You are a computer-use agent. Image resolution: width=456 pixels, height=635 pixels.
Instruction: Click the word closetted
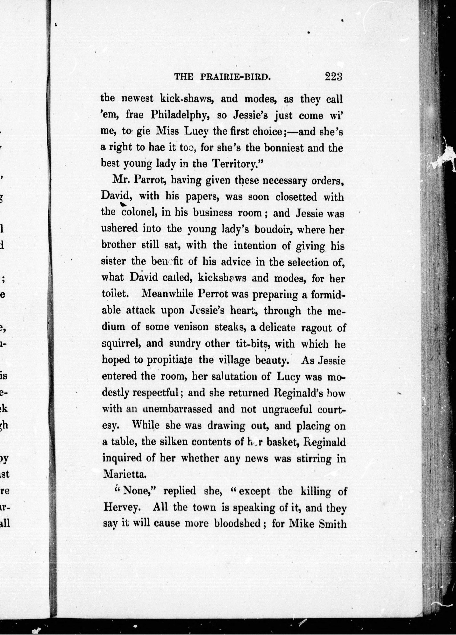click(296, 197)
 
